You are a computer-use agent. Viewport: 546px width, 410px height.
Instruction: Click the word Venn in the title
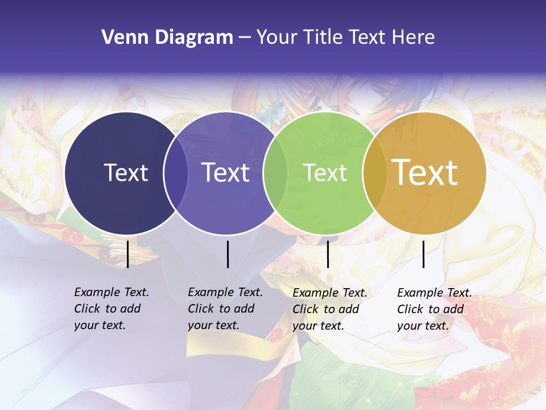(121, 38)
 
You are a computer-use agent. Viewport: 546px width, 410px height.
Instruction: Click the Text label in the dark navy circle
(126, 173)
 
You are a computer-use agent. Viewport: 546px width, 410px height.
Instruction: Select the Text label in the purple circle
(225, 173)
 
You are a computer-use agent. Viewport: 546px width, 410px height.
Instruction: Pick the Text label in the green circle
(325, 173)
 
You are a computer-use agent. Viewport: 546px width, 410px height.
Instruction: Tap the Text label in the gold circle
(425, 173)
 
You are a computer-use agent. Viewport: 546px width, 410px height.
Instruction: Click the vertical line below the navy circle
(128, 254)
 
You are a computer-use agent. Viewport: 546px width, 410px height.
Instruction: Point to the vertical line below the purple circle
(227, 254)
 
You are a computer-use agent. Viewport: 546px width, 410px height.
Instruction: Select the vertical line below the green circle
(328, 254)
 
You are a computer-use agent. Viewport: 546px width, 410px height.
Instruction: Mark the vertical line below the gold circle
(423, 254)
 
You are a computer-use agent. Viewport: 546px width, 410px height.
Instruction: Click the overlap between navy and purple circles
(176, 173)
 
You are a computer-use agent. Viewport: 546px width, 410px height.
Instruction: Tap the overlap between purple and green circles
(275, 173)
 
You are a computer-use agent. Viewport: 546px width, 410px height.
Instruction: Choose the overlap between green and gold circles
(375, 173)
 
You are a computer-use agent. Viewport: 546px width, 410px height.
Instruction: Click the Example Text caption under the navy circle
(111, 309)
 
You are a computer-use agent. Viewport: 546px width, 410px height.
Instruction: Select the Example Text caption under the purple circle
(225, 309)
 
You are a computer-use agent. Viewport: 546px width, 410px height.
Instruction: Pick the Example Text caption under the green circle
(329, 309)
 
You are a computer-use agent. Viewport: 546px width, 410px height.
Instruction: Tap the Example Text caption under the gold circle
(434, 309)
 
